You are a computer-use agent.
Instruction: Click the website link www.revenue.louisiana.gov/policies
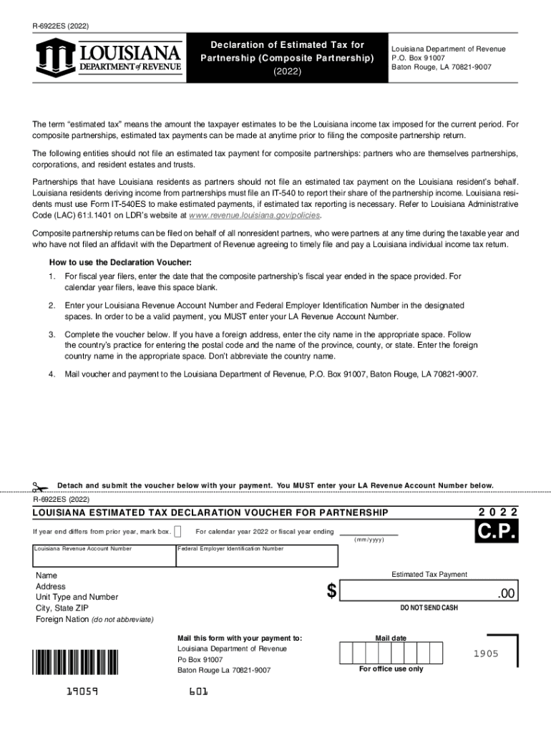pyautogui.click(x=255, y=215)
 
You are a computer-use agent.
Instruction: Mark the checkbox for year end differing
pyautogui.click(x=178, y=531)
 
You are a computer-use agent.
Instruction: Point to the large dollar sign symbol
pyautogui.click(x=331, y=591)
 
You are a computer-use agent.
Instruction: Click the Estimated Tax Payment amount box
pyautogui.click(x=428, y=591)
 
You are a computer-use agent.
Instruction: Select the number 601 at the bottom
pyautogui.click(x=199, y=692)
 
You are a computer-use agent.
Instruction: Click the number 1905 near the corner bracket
pyautogui.click(x=486, y=654)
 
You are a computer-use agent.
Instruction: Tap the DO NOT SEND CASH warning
pyautogui.click(x=429, y=608)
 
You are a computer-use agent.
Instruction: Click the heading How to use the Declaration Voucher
pyautogui.click(x=120, y=262)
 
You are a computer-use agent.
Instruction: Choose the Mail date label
pyautogui.click(x=391, y=638)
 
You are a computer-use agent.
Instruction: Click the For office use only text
pyautogui.click(x=391, y=669)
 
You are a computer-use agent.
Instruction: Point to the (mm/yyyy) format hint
pyautogui.click(x=369, y=540)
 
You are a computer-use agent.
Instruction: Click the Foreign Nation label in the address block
pyautogui.click(x=62, y=618)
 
